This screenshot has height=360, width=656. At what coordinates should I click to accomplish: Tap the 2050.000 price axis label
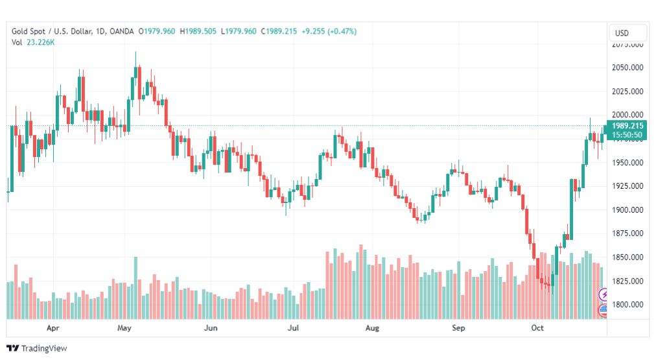pos(627,67)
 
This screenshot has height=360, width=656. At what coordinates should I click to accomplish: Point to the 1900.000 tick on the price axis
pos(627,210)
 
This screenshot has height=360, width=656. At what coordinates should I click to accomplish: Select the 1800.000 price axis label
pos(627,304)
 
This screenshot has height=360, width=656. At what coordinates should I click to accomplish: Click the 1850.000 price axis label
pos(627,257)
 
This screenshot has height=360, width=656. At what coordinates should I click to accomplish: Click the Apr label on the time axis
pos(54,328)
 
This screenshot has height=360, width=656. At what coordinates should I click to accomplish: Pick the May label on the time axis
pos(124,328)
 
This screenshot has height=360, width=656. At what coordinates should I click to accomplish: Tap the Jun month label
pos(211,328)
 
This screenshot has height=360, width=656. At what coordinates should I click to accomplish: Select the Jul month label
pos(293,328)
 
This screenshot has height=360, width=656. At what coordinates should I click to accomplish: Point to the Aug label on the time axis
pos(371,328)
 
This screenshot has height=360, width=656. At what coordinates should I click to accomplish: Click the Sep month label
pos(458,328)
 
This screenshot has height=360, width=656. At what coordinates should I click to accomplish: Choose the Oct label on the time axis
pos(537,328)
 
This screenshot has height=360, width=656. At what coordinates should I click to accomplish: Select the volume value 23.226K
pos(41,42)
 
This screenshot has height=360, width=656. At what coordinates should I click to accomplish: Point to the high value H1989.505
pos(197,31)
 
